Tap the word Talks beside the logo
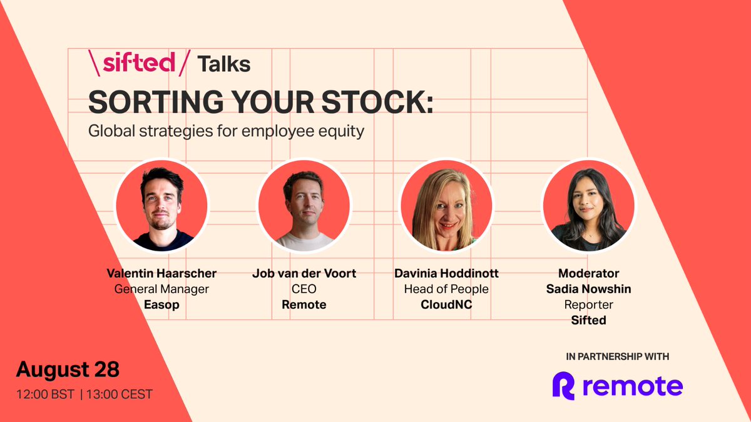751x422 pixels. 224,64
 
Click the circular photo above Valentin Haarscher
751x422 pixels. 161,205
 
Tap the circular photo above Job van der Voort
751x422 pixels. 304,205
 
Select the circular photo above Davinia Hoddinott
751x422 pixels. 446,205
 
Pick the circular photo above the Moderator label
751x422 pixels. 588,205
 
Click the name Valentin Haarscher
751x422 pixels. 161,274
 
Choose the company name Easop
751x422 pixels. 161,305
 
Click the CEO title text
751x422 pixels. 304,289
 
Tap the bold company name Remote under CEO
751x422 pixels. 304,305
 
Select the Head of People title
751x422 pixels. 446,289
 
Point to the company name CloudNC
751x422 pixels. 446,305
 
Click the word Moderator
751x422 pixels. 588,274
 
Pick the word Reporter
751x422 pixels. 588,305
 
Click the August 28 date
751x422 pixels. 68,369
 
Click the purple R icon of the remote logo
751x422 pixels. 563,386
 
